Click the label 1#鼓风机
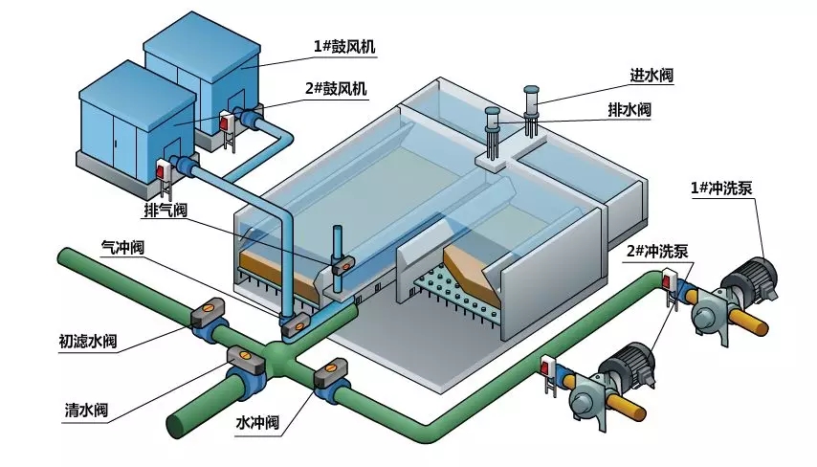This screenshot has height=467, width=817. pos(343,47)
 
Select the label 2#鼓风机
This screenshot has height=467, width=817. pos(336,88)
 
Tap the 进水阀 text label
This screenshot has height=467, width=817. pos(651,75)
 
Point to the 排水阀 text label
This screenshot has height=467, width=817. pos(629,110)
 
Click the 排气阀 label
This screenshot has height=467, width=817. pos(166,210)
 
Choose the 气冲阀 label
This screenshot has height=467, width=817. pos(122,247)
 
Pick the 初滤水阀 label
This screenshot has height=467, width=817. pos(88,342)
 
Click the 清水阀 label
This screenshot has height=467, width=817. pos(86,410)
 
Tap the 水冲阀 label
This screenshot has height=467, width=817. pos(257,422)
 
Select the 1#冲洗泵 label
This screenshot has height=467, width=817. pos(721,189)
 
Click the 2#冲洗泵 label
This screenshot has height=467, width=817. pos(657,252)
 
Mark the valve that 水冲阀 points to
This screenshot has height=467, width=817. pos(331,378)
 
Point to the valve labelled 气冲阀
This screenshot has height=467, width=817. pos(296,325)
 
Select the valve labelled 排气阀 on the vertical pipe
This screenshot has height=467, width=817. pos(343,265)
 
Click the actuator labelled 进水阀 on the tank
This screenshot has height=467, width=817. pos(532,109)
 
